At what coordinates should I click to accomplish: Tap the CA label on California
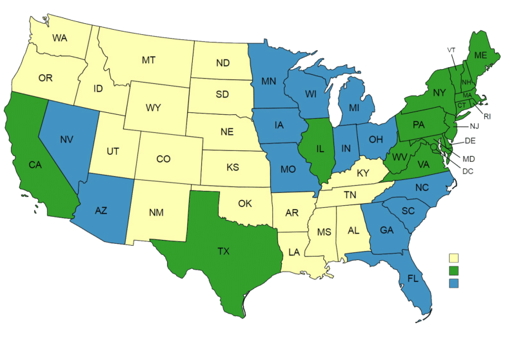point(35,165)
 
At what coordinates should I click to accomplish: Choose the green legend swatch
point(454,270)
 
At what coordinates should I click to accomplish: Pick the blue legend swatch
point(454,283)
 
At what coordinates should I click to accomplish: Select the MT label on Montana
point(149,60)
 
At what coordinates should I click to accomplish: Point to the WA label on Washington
point(60,38)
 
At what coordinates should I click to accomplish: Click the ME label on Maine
point(480,55)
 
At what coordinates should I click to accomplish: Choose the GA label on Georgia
point(386,230)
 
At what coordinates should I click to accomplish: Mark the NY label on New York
point(439,93)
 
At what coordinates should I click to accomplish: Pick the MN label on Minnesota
point(269,82)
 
